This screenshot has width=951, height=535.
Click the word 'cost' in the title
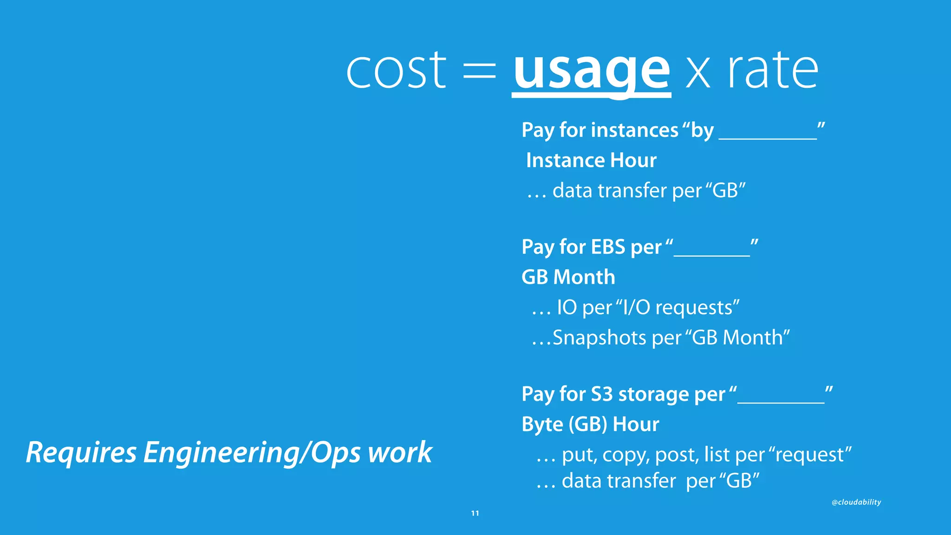(x=396, y=71)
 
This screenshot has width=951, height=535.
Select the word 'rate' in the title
(x=772, y=71)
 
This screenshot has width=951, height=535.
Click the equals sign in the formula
(x=479, y=72)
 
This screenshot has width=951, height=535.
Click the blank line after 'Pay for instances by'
(x=768, y=136)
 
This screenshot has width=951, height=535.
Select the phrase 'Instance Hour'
(x=591, y=160)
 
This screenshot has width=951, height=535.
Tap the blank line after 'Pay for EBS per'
(x=711, y=253)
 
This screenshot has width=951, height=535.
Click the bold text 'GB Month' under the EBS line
(x=568, y=277)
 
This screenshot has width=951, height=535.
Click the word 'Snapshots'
(x=599, y=338)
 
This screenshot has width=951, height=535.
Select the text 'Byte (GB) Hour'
(x=590, y=424)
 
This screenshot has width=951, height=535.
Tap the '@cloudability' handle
(x=856, y=502)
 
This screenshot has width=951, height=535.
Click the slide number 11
(x=475, y=513)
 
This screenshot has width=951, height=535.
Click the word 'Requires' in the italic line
(x=81, y=453)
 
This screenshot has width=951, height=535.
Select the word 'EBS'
(x=608, y=247)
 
